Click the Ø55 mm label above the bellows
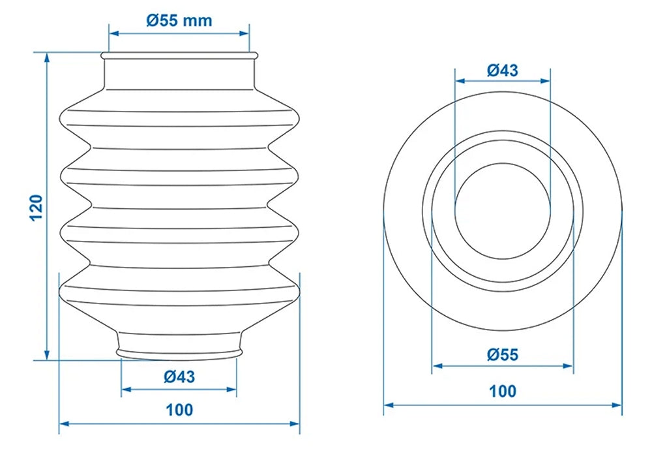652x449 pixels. click(179, 20)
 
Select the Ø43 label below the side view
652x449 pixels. click(179, 376)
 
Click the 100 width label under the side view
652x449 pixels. click(179, 410)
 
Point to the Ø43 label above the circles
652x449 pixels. click(503, 70)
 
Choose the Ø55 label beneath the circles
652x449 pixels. click(503, 355)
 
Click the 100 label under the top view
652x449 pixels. click(503, 392)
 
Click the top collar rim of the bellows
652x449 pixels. click(179, 57)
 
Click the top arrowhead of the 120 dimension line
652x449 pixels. click(46, 57)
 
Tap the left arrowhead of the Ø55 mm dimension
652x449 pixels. click(113, 32)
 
